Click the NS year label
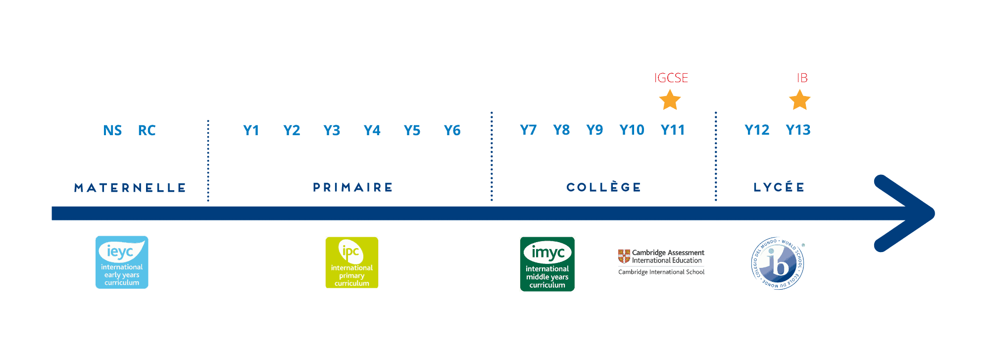[112, 130]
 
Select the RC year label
[147, 130]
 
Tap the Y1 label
[251, 130]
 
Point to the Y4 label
[372, 130]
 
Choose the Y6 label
[452, 130]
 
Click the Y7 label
[528, 130]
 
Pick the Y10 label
[632, 130]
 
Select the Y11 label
[672, 130]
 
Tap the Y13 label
[798, 130]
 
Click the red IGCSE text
[671, 78]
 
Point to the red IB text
[802, 78]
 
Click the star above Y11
[670, 100]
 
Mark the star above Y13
[799, 100]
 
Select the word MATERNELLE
[130, 188]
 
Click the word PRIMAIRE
[353, 187]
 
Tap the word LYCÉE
[779, 187]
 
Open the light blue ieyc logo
[122, 262]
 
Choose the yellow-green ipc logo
[352, 262]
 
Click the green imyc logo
[547, 264]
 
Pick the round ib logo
[778, 263]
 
